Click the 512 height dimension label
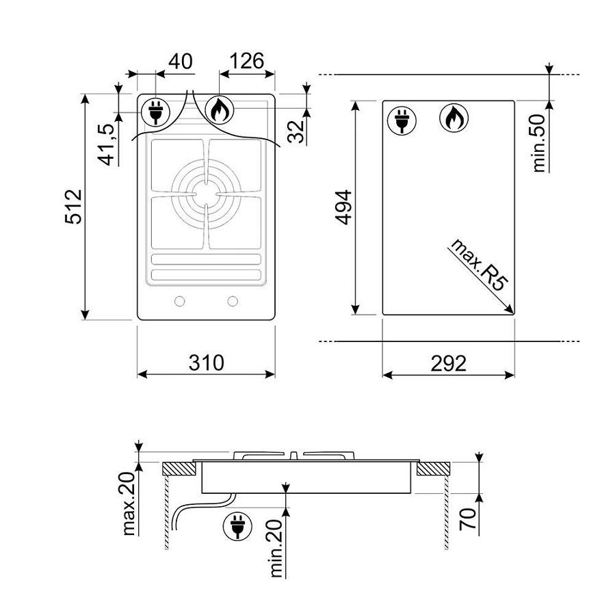tap(73, 207)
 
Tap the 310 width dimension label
tap(207, 363)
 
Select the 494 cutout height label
tap(344, 207)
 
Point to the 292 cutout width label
tap(449, 363)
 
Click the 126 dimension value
tap(247, 61)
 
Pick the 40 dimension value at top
tap(181, 61)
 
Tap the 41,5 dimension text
tap(106, 144)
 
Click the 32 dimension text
tap(296, 131)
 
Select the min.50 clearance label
tap(539, 143)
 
